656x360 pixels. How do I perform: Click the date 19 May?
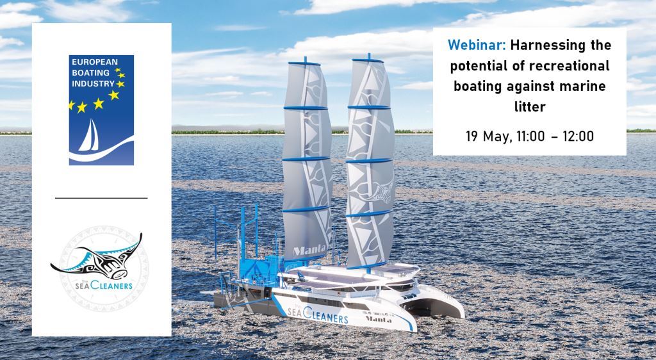click(489, 137)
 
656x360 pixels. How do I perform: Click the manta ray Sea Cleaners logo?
click(97, 263)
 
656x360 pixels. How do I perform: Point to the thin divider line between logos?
click(101, 199)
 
